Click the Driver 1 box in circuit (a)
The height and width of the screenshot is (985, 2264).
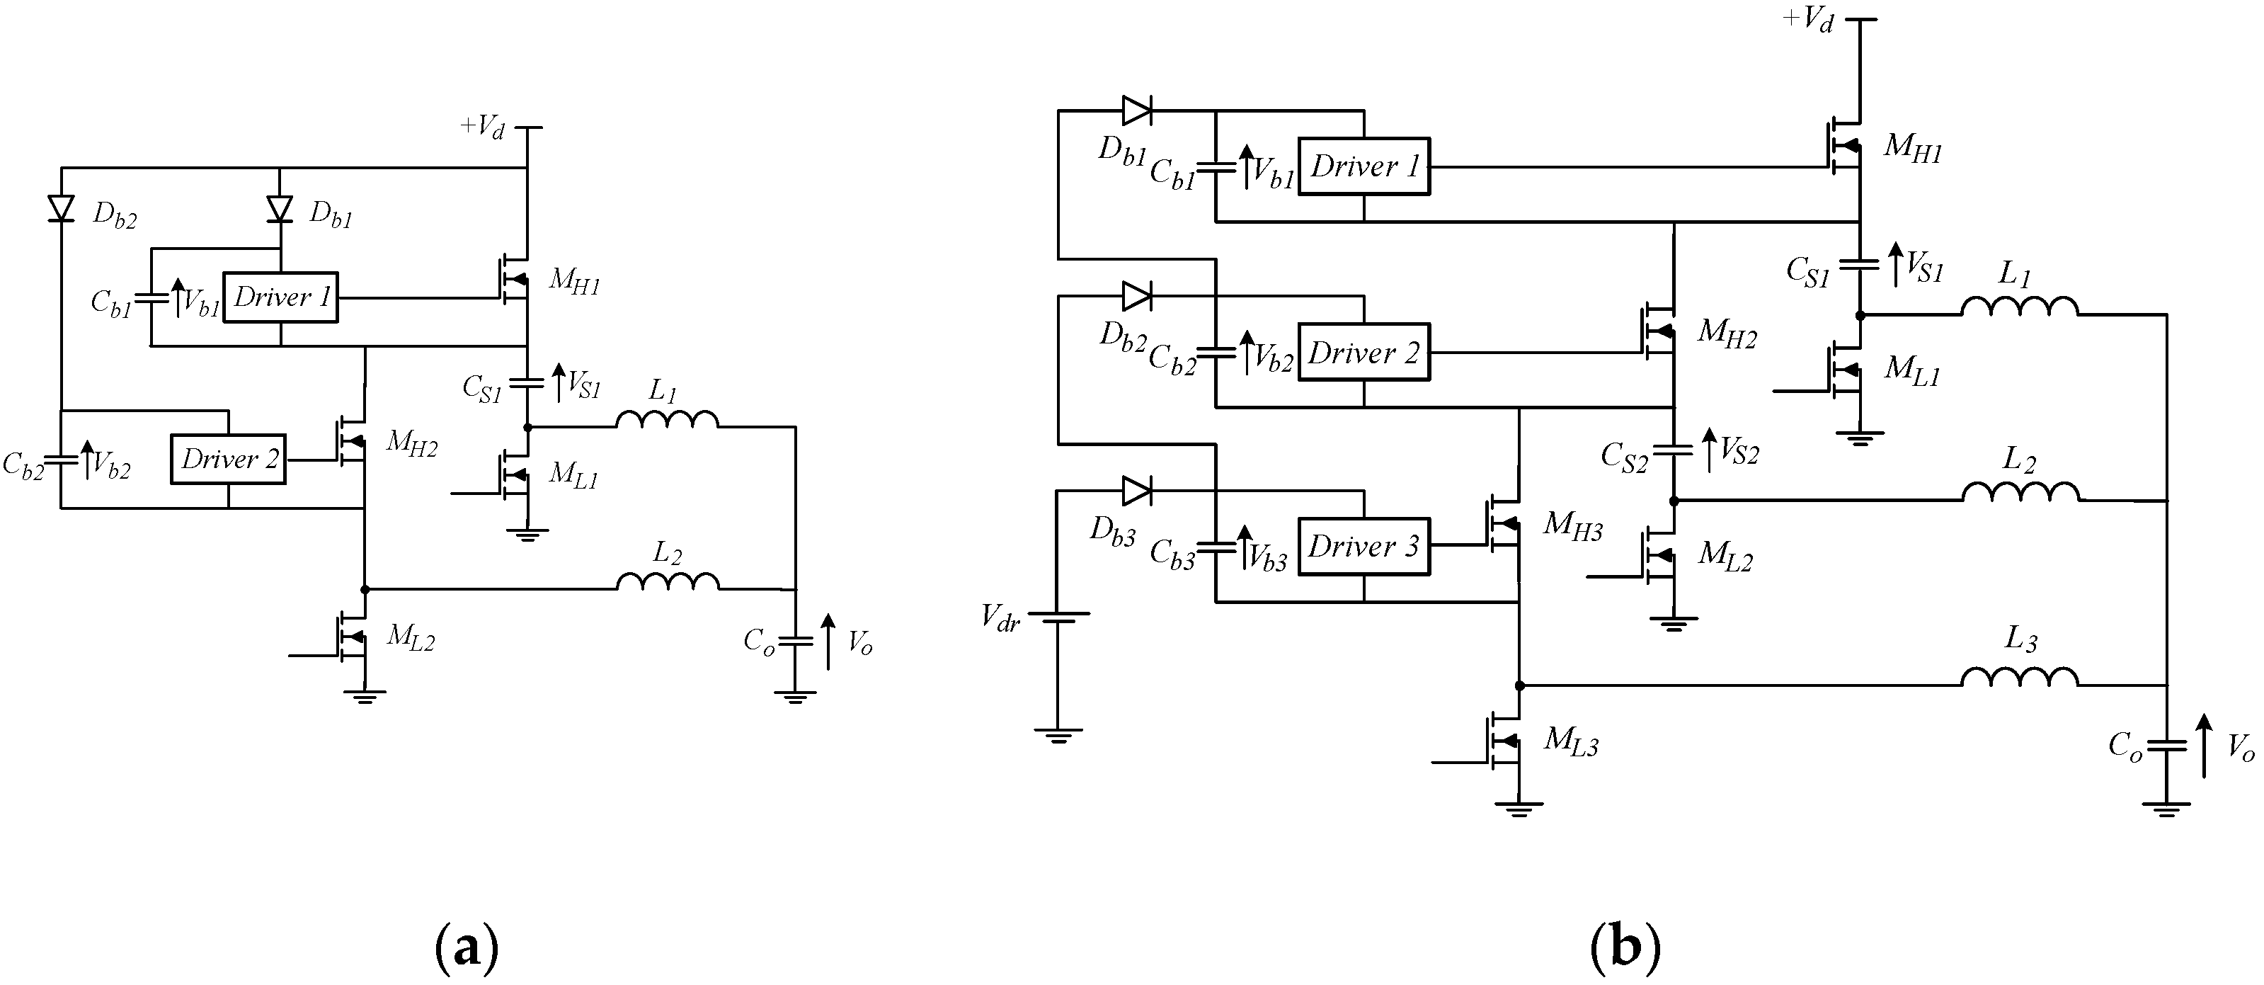[280, 297]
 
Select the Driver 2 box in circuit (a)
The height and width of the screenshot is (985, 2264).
[229, 459]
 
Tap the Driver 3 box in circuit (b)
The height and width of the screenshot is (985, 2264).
[1363, 547]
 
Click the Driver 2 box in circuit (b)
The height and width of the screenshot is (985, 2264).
[1363, 353]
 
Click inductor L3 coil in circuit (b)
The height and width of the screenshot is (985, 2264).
[2020, 677]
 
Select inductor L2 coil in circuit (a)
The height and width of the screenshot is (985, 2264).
[667, 581]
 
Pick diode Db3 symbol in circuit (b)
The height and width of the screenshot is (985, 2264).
[1136, 491]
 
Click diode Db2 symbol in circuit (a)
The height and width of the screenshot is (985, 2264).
[62, 208]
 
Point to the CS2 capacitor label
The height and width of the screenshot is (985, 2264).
[1624, 458]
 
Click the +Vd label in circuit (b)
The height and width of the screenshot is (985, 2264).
[1808, 19]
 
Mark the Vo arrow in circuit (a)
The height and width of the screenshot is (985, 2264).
[828, 642]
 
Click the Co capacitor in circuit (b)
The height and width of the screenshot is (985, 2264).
[2166, 746]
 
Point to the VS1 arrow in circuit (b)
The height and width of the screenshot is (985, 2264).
[1897, 264]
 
